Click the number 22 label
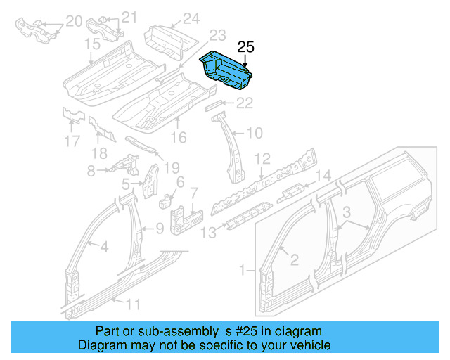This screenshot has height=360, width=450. coord(243,103)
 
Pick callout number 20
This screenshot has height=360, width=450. coord(73,22)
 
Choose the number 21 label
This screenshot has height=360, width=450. coord(129,18)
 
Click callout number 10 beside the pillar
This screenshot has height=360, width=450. coord(254,132)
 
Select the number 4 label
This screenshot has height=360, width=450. coord(103,246)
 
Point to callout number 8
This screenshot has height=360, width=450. coord(91,170)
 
